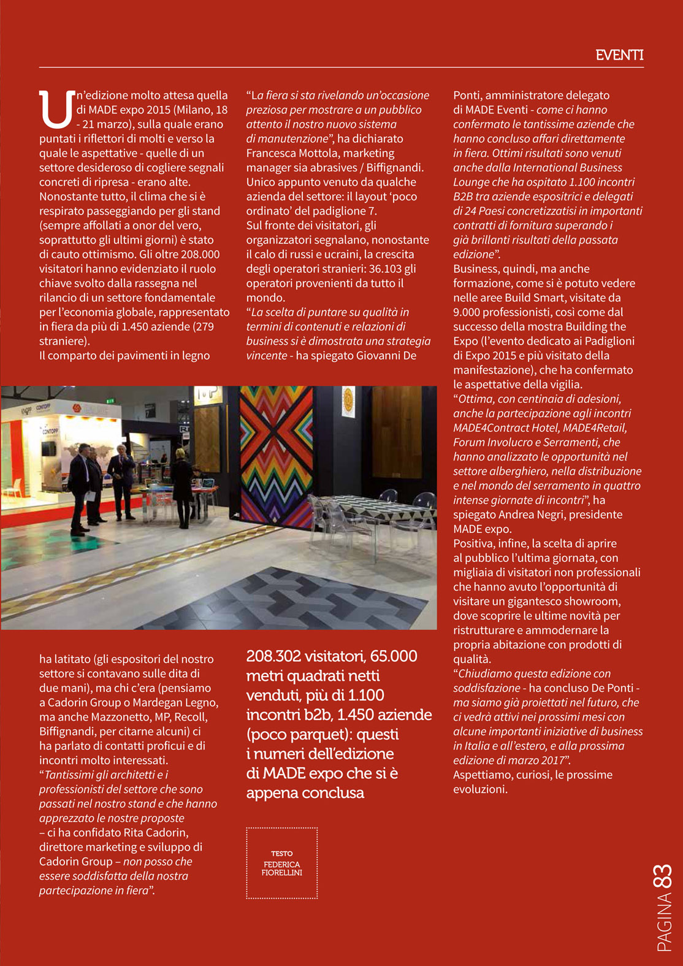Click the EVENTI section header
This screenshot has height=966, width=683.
619,55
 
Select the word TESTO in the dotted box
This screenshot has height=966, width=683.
282,853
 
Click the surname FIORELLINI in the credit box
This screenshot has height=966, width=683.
282,873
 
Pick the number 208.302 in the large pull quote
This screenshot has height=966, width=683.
274,656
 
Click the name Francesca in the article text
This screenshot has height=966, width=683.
269,153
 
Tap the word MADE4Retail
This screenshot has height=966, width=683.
592,427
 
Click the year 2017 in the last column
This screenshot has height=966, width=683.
549,761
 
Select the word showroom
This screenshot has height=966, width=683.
589,601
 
